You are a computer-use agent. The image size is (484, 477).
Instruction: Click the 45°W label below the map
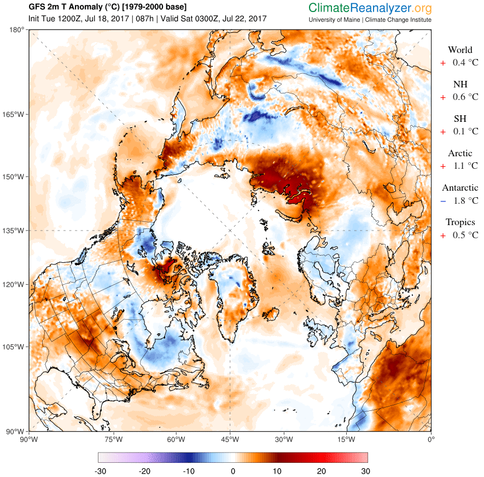tap(230, 439)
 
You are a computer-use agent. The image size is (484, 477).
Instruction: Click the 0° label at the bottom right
tap(431, 439)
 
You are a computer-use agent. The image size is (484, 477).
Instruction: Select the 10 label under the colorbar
tap(277, 471)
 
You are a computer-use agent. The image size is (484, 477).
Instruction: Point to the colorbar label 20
tap(322, 471)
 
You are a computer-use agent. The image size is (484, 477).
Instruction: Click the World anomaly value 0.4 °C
tap(465, 63)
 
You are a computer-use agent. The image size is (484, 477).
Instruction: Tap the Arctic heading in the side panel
tap(460, 154)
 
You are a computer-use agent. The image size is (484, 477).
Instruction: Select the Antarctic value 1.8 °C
tap(465, 201)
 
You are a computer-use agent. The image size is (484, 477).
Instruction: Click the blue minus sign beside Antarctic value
tap(443, 201)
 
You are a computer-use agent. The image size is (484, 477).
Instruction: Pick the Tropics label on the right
tap(460, 222)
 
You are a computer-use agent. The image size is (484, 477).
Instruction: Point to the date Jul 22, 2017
tap(244, 19)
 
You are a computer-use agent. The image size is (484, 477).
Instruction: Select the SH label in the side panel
tap(460, 119)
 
